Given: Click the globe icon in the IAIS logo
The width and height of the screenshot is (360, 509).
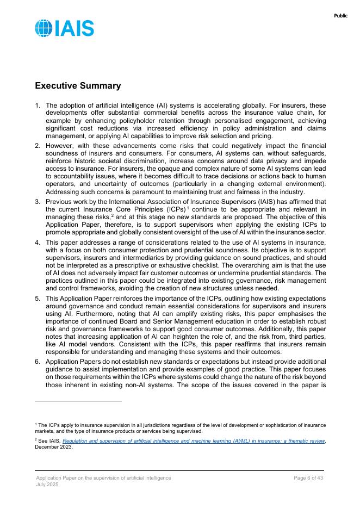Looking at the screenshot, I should [x=44, y=28].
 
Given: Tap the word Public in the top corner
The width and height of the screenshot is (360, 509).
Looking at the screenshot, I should [x=340, y=16].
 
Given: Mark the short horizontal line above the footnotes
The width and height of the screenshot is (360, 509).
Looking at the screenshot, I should [x=78, y=401].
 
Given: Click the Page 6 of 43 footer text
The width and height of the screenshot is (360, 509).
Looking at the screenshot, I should [x=308, y=477].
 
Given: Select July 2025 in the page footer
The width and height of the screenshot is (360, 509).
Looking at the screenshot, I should [x=47, y=484].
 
